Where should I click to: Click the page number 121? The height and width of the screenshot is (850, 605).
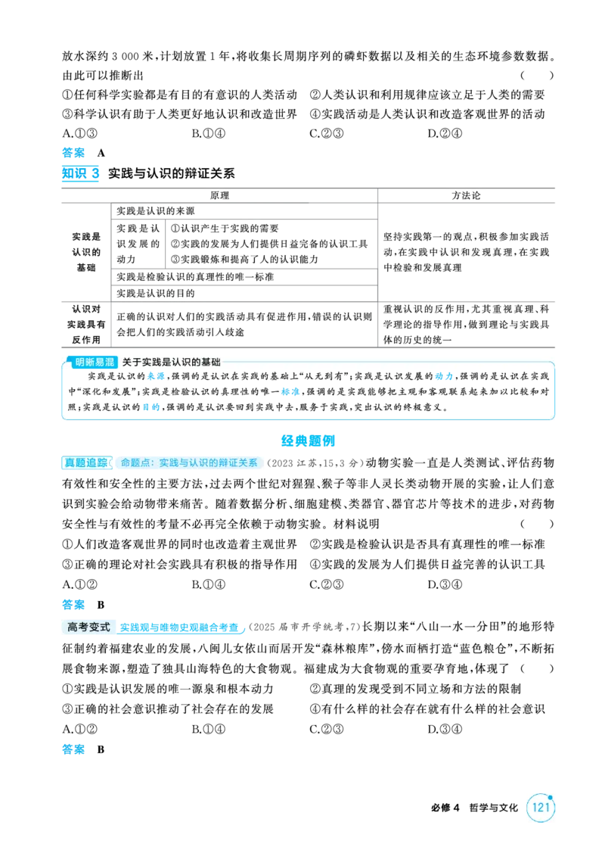(541, 808)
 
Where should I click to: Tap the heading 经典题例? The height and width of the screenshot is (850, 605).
(309, 441)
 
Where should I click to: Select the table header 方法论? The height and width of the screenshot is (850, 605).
(466, 196)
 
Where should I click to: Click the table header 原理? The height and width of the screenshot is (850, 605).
(219, 196)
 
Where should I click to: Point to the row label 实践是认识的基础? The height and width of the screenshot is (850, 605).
(86, 252)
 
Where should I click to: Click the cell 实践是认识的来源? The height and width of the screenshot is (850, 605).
(156, 211)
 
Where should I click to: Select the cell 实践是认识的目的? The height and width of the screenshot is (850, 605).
(156, 293)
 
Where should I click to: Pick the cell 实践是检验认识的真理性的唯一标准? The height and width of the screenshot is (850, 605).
(195, 276)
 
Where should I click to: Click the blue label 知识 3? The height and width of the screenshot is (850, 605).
(80, 173)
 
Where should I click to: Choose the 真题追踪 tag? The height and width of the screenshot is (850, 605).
(86, 462)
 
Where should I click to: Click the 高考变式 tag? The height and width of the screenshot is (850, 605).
(88, 627)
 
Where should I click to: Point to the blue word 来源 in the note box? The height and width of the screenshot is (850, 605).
(156, 376)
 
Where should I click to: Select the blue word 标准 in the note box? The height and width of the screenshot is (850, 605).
(290, 391)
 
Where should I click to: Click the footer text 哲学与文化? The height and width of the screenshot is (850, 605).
(493, 808)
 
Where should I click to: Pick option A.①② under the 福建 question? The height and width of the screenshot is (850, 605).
(79, 730)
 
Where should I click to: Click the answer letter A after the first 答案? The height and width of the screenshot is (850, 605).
(101, 154)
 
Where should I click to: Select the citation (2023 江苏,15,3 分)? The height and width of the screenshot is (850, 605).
(314, 463)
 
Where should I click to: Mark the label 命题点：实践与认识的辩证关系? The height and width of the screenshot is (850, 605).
(189, 462)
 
